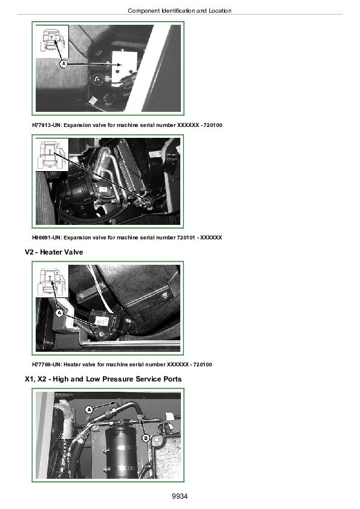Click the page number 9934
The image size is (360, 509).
pos(180,496)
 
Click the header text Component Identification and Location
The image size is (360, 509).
pos(180,11)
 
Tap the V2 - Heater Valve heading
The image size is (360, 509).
pos(54,252)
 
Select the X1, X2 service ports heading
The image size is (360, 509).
pos(103,379)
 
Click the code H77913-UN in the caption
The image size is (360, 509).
pos(47,125)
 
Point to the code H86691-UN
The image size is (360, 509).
pos(47,238)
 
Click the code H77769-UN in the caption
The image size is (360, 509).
pos(47,365)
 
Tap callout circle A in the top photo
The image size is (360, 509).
pos(64,64)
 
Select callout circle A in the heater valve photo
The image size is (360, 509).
pos(59,313)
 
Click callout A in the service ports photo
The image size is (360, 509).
pos(89,410)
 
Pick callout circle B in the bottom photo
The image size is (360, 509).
pos(146,438)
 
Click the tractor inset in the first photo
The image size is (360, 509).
pos(52,42)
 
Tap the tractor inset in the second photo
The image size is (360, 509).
pos(52,155)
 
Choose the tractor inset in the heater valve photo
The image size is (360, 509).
pos(52,281)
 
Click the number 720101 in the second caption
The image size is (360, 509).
pos(186,238)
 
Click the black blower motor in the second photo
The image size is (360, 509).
pos(79,192)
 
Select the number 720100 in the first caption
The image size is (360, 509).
pos(213,125)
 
